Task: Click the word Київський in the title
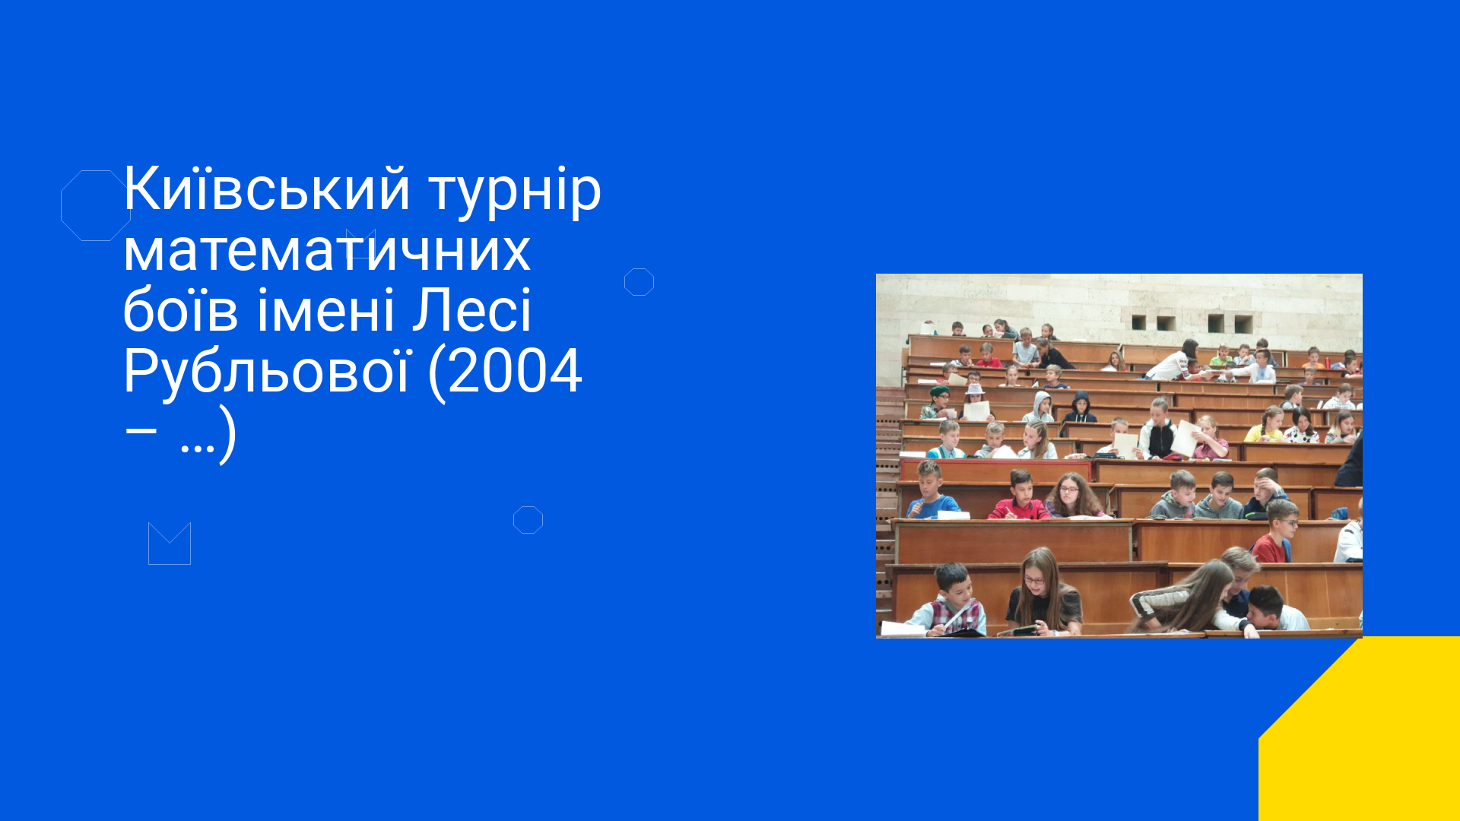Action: [x=267, y=188]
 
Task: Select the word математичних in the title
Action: [x=327, y=251]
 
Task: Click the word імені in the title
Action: [x=325, y=310]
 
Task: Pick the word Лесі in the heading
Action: [x=471, y=310]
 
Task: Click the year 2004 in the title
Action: [x=515, y=371]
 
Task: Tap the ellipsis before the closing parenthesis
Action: [x=197, y=449]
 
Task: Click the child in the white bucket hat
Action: [x=974, y=403]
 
